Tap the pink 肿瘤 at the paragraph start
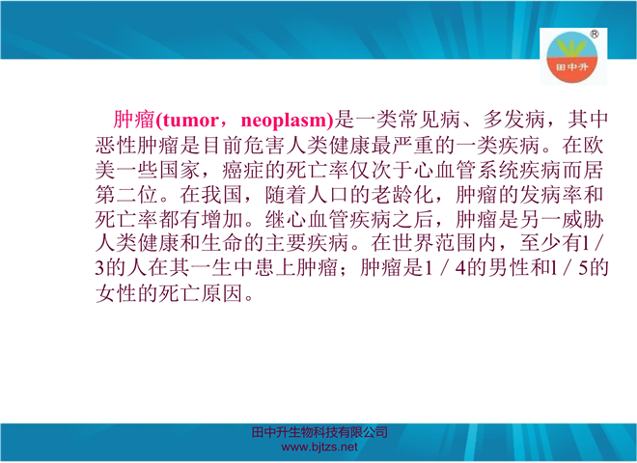pos(134,120)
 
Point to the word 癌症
pos(243,170)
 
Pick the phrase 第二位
pos(126,195)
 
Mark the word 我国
pos(222,195)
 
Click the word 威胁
pos(583,220)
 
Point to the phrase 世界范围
pos(434,244)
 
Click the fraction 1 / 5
pos(568,268)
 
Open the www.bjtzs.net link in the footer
pos(319,448)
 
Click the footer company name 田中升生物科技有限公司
pos(319,432)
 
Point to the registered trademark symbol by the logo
pos(594,34)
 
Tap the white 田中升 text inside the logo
pos(571,67)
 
